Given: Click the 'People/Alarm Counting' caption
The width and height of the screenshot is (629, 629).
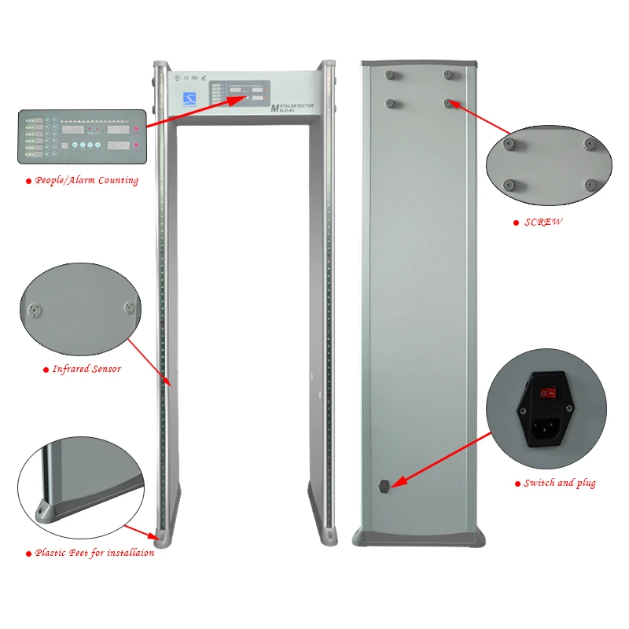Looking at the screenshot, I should [x=86, y=181].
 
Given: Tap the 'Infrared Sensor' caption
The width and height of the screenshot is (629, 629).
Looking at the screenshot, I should [x=86, y=369].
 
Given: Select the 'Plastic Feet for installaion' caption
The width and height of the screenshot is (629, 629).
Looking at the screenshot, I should [x=94, y=554].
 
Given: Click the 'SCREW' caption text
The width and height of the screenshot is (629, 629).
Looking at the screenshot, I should [x=543, y=223].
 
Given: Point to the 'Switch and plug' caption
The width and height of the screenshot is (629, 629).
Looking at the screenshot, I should [x=559, y=483].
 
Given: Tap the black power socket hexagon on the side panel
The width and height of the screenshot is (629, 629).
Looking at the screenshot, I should [x=384, y=486].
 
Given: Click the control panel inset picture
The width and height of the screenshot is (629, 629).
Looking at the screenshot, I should [x=82, y=136].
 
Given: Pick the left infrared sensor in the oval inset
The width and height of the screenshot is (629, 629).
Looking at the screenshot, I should [x=34, y=309].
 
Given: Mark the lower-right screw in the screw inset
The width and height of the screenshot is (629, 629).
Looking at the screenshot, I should [x=590, y=185].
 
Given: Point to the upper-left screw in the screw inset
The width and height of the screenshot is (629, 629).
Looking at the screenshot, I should [x=509, y=144].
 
